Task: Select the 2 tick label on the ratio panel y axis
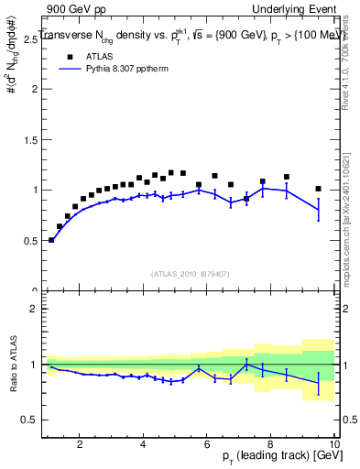[33, 309]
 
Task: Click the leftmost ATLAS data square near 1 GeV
[51, 239]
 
